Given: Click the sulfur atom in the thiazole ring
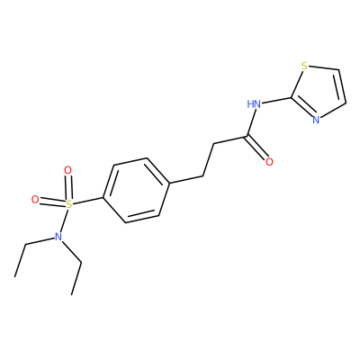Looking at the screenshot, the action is (304, 66).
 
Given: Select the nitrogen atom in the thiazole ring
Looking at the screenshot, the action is (316, 120).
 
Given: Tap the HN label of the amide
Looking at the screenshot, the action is (254, 104).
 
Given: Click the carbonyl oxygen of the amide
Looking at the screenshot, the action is (269, 162).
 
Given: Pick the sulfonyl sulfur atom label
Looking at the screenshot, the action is (69, 204).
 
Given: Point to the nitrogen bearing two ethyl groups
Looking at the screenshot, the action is (58, 237).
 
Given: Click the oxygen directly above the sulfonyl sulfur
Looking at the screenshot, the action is (68, 170).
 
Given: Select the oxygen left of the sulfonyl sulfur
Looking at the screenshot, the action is (35, 200).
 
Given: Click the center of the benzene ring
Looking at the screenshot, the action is (137, 190).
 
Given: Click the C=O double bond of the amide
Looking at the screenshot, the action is (257, 148).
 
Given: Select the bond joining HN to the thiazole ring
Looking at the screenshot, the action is (275, 101).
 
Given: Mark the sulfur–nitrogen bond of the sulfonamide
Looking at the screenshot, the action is (64, 220).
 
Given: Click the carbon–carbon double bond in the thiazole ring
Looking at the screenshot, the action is (343, 86).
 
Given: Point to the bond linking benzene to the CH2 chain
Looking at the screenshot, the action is (186, 179).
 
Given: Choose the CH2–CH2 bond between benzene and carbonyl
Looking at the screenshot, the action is (209, 159).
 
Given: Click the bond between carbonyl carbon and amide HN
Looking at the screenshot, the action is (251, 123).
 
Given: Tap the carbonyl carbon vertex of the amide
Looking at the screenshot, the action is (247, 137).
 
